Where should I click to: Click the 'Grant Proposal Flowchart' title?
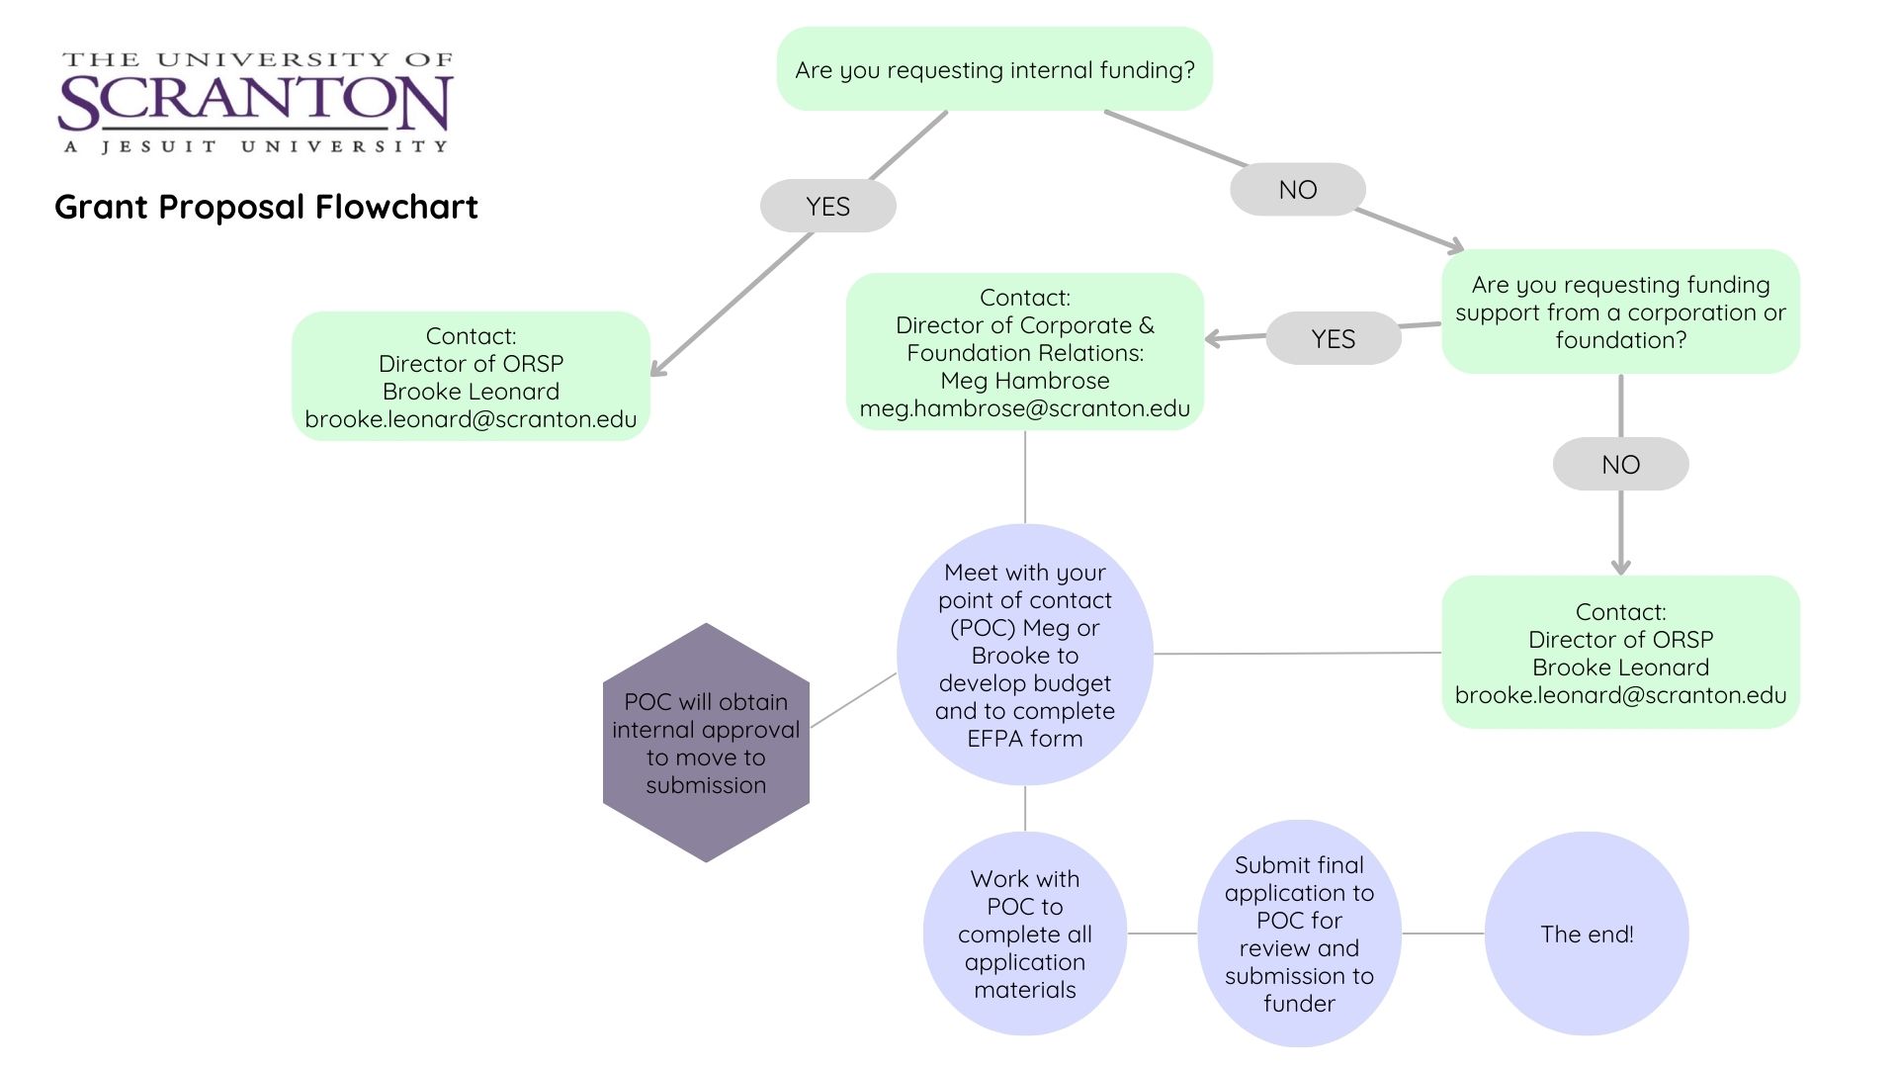[266, 207]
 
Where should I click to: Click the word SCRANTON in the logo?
[255, 103]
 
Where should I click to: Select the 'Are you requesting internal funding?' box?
[994, 69]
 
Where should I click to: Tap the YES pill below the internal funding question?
[827, 207]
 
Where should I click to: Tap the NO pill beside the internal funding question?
[1297, 190]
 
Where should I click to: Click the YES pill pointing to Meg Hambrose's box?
[1333, 339]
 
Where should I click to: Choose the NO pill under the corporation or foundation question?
[1620, 465]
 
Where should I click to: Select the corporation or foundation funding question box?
[1620, 312]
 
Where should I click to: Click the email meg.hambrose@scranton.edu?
[1024, 409]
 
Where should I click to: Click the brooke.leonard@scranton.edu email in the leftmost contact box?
[471, 419]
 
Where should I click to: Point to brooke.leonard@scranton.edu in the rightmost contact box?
[1620, 695]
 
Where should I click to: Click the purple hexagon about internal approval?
[706, 743]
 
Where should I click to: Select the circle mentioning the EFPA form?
[1024, 655]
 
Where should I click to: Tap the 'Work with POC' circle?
[1024, 934]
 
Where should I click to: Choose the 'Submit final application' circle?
[1299, 934]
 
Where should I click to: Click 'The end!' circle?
[1586, 934]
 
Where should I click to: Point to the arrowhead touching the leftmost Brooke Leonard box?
[656, 370]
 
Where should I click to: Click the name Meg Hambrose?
[1024, 381]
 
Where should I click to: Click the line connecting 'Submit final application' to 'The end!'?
[1442, 934]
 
